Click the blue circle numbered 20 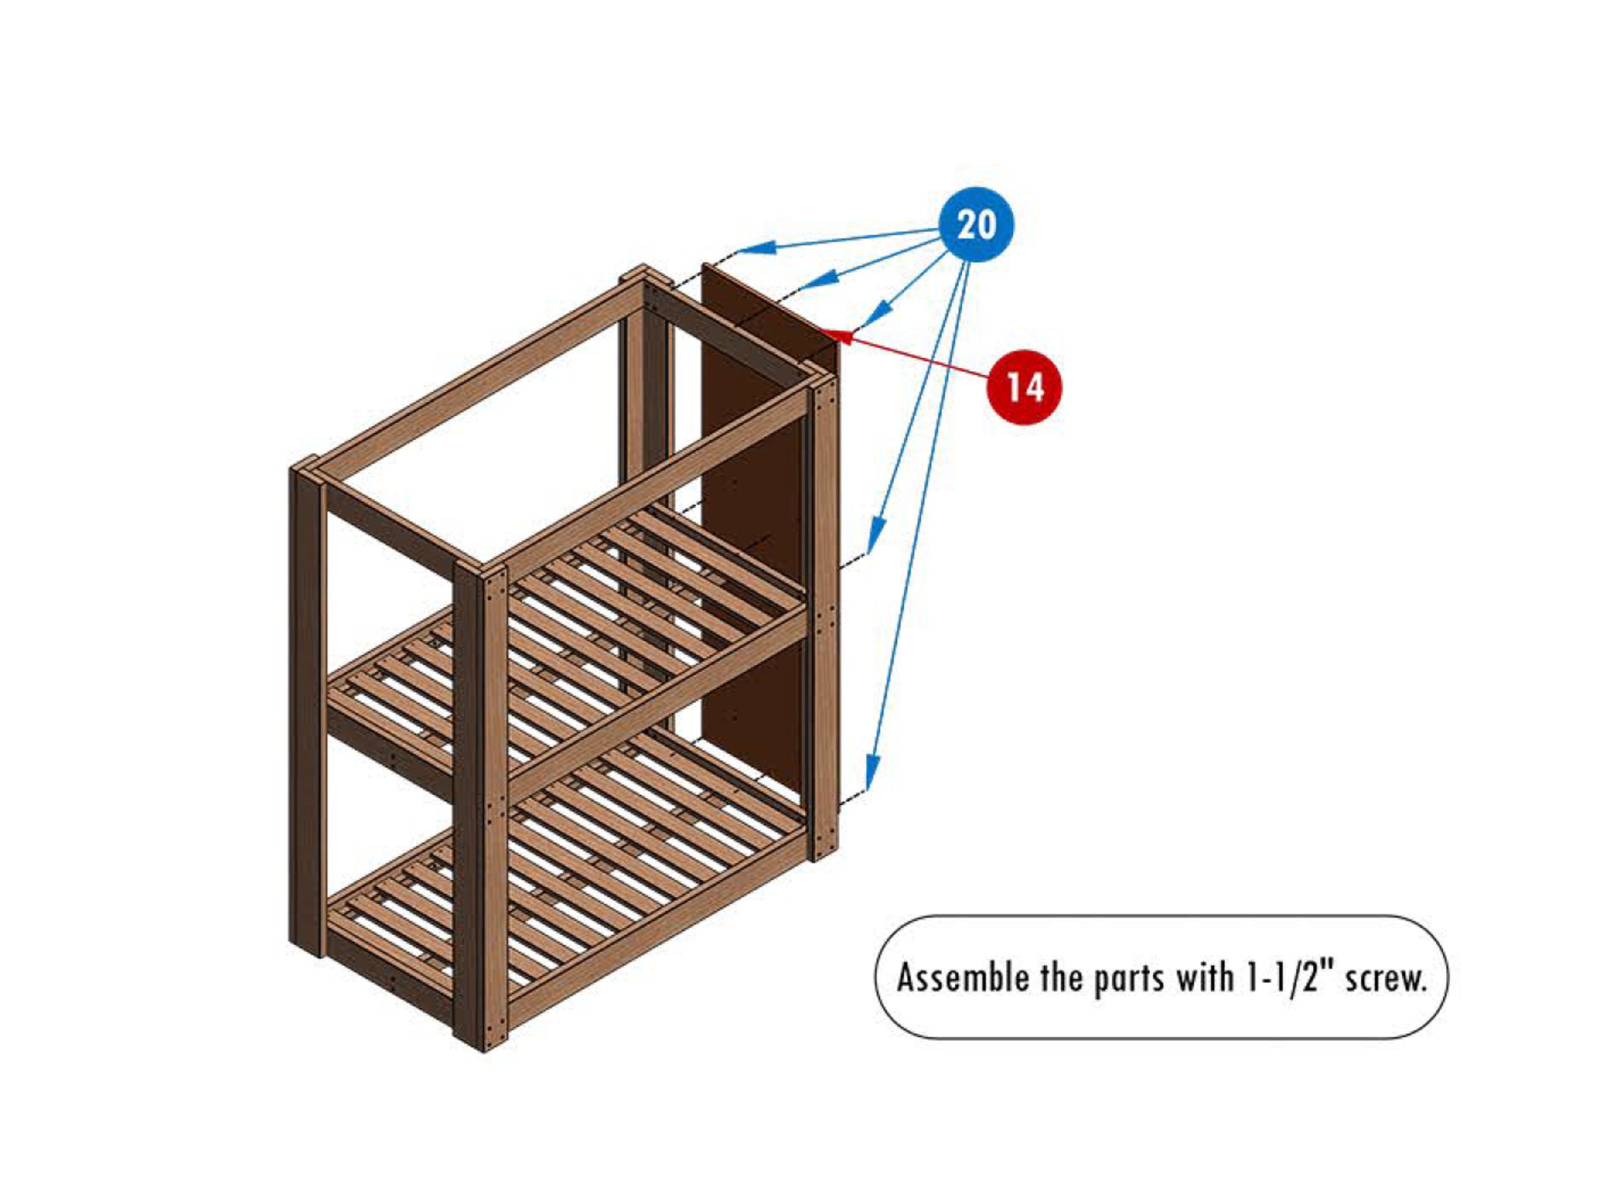pyautogui.click(x=977, y=224)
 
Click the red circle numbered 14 pyautogui.click(x=1024, y=387)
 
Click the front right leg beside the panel pyautogui.click(x=824, y=616)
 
